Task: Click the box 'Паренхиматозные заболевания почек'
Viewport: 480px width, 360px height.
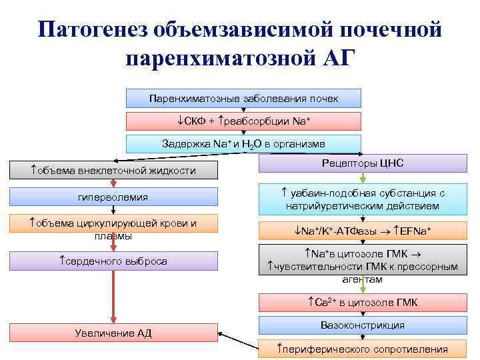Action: pos(243,99)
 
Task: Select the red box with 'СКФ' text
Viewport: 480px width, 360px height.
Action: pos(243,121)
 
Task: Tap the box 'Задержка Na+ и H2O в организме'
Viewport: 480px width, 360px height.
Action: pos(243,144)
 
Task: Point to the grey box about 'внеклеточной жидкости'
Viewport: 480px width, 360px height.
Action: pos(113,171)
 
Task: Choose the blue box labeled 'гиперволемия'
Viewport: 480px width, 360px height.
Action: pos(113,197)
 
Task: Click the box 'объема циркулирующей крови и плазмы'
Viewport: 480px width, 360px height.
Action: pos(113,229)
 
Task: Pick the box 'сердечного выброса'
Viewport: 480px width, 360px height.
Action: pos(113,261)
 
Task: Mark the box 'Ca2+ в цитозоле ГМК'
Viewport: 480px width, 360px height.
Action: pos(363,303)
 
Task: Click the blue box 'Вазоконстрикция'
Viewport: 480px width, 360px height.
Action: pos(363,325)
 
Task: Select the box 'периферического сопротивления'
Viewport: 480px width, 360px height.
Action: pos(363,349)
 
